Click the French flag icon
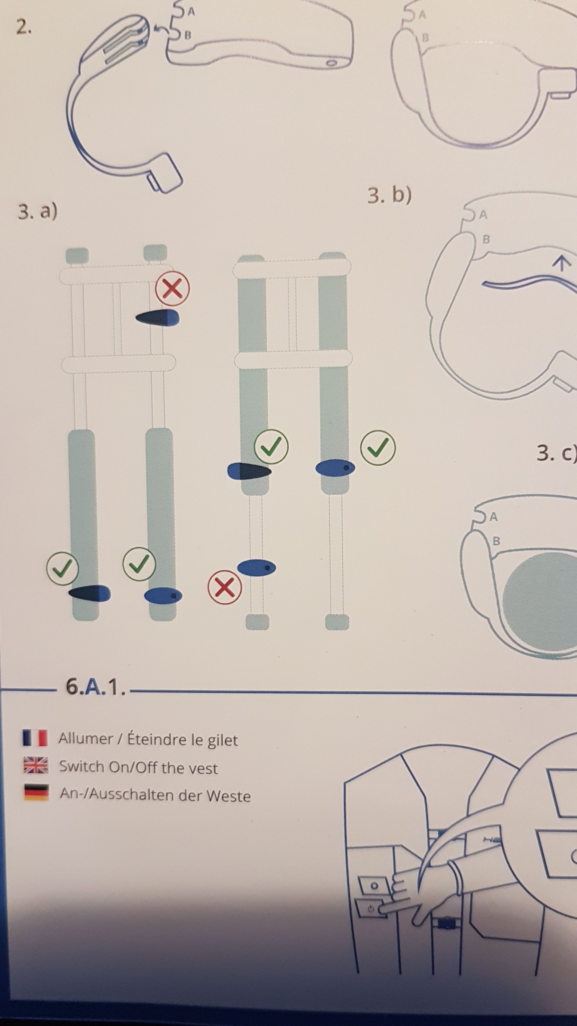pyautogui.click(x=36, y=738)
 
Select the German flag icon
pyautogui.click(x=36, y=792)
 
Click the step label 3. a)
pyautogui.click(x=38, y=212)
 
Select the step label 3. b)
pyautogui.click(x=389, y=196)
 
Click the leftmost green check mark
pyautogui.click(x=63, y=567)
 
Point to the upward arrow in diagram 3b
pyautogui.click(x=561, y=263)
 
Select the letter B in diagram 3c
pyautogui.click(x=496, y=541)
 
